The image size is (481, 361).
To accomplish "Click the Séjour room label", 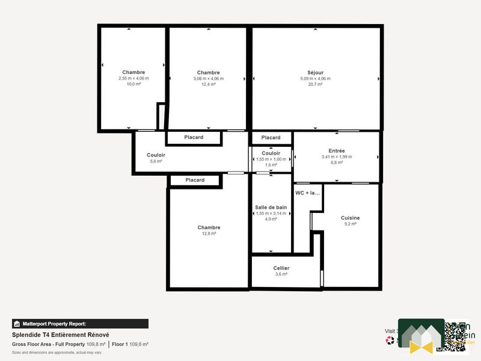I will [315, 72].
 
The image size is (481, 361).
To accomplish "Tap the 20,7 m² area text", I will [315, 84].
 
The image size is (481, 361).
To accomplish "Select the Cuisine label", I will [350, 218].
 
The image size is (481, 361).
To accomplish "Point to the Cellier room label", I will [281, 268].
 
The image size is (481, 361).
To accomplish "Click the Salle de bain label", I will [271, 207].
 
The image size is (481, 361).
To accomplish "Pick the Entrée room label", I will [337, 150].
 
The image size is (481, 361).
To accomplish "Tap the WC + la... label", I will [308, 193].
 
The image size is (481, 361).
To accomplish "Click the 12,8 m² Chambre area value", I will [209, 233].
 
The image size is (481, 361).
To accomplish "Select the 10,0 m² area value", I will [133, 84].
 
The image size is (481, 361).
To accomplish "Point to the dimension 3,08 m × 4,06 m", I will [208, 78].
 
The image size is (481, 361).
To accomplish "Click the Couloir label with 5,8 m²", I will [156, 155].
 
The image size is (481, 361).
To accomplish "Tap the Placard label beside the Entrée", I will [271, 138].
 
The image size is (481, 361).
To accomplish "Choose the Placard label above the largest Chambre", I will [195, 180].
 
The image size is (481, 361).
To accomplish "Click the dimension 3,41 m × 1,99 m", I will [337, 156].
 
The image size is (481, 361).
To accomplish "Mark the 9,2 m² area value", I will [350, 224].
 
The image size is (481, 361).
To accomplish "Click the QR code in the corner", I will [456, 335].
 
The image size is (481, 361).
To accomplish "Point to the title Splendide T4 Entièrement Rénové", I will [60, 335].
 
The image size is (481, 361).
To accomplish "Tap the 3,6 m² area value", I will [281, 274].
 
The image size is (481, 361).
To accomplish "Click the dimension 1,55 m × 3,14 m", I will [271, 213].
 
